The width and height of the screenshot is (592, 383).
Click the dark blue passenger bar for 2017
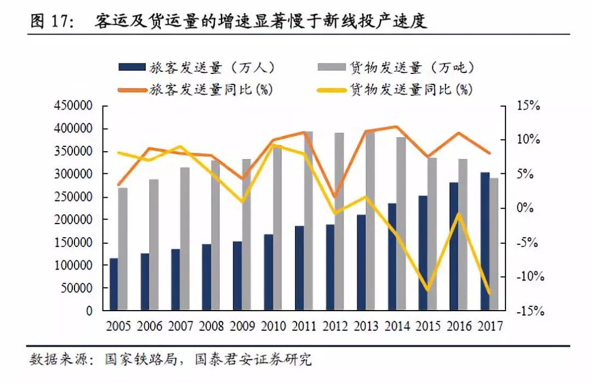pos(485,241)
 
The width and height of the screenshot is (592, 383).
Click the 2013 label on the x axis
pos(367,327)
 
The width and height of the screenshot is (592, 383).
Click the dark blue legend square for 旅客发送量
pos(132,67)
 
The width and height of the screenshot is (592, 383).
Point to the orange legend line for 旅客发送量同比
pos(132,87)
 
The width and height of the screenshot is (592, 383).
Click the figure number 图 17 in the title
pos(50,21)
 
